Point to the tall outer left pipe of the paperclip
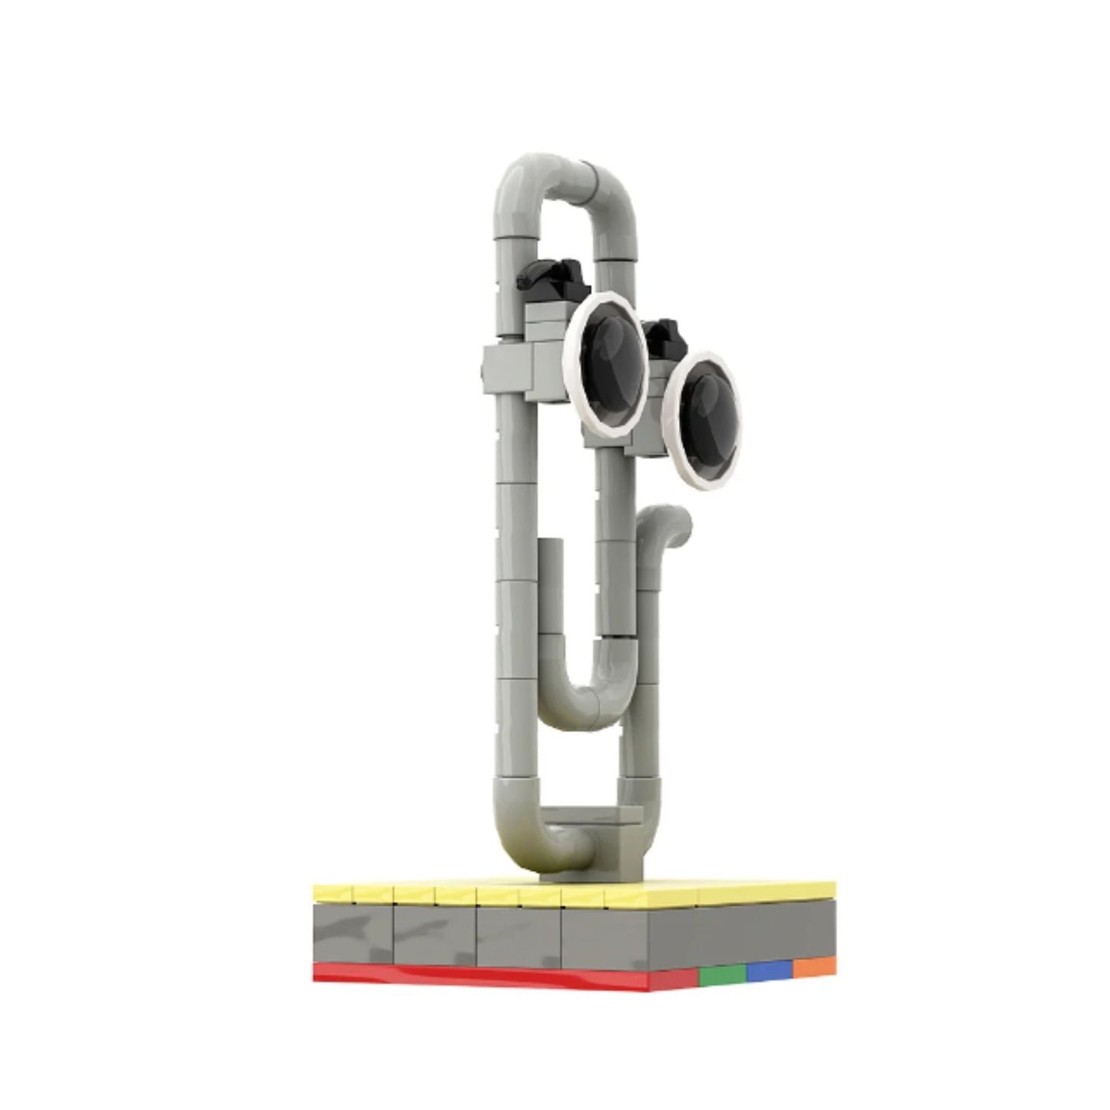coord(506,538)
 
